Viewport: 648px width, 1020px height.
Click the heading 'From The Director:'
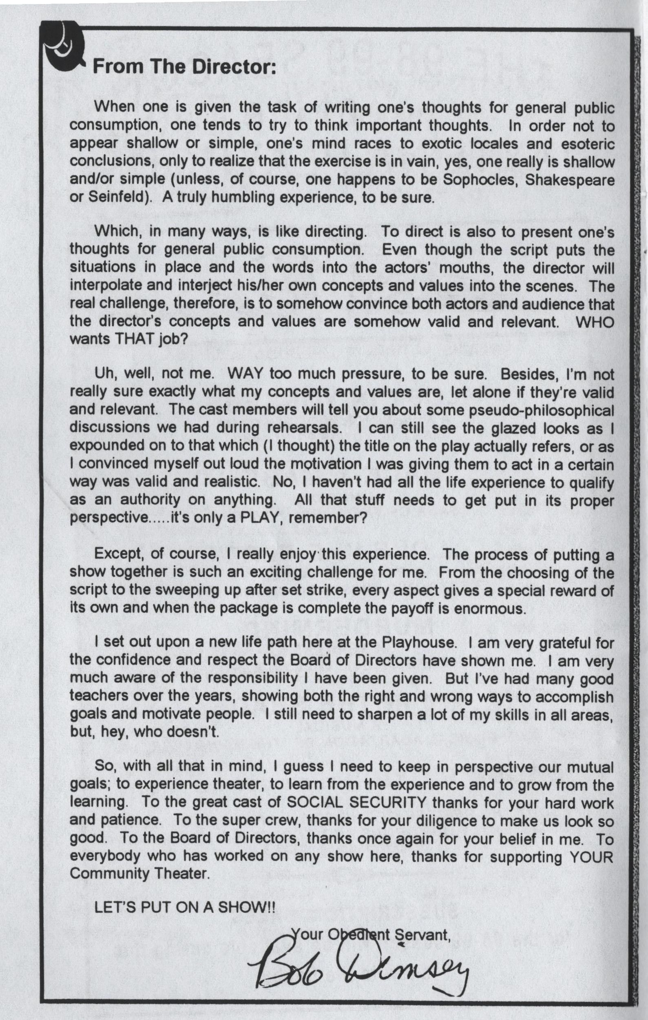coord(184,67)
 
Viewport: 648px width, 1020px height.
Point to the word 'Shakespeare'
coord(570,180)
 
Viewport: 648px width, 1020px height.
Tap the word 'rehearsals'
coord(304,428)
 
